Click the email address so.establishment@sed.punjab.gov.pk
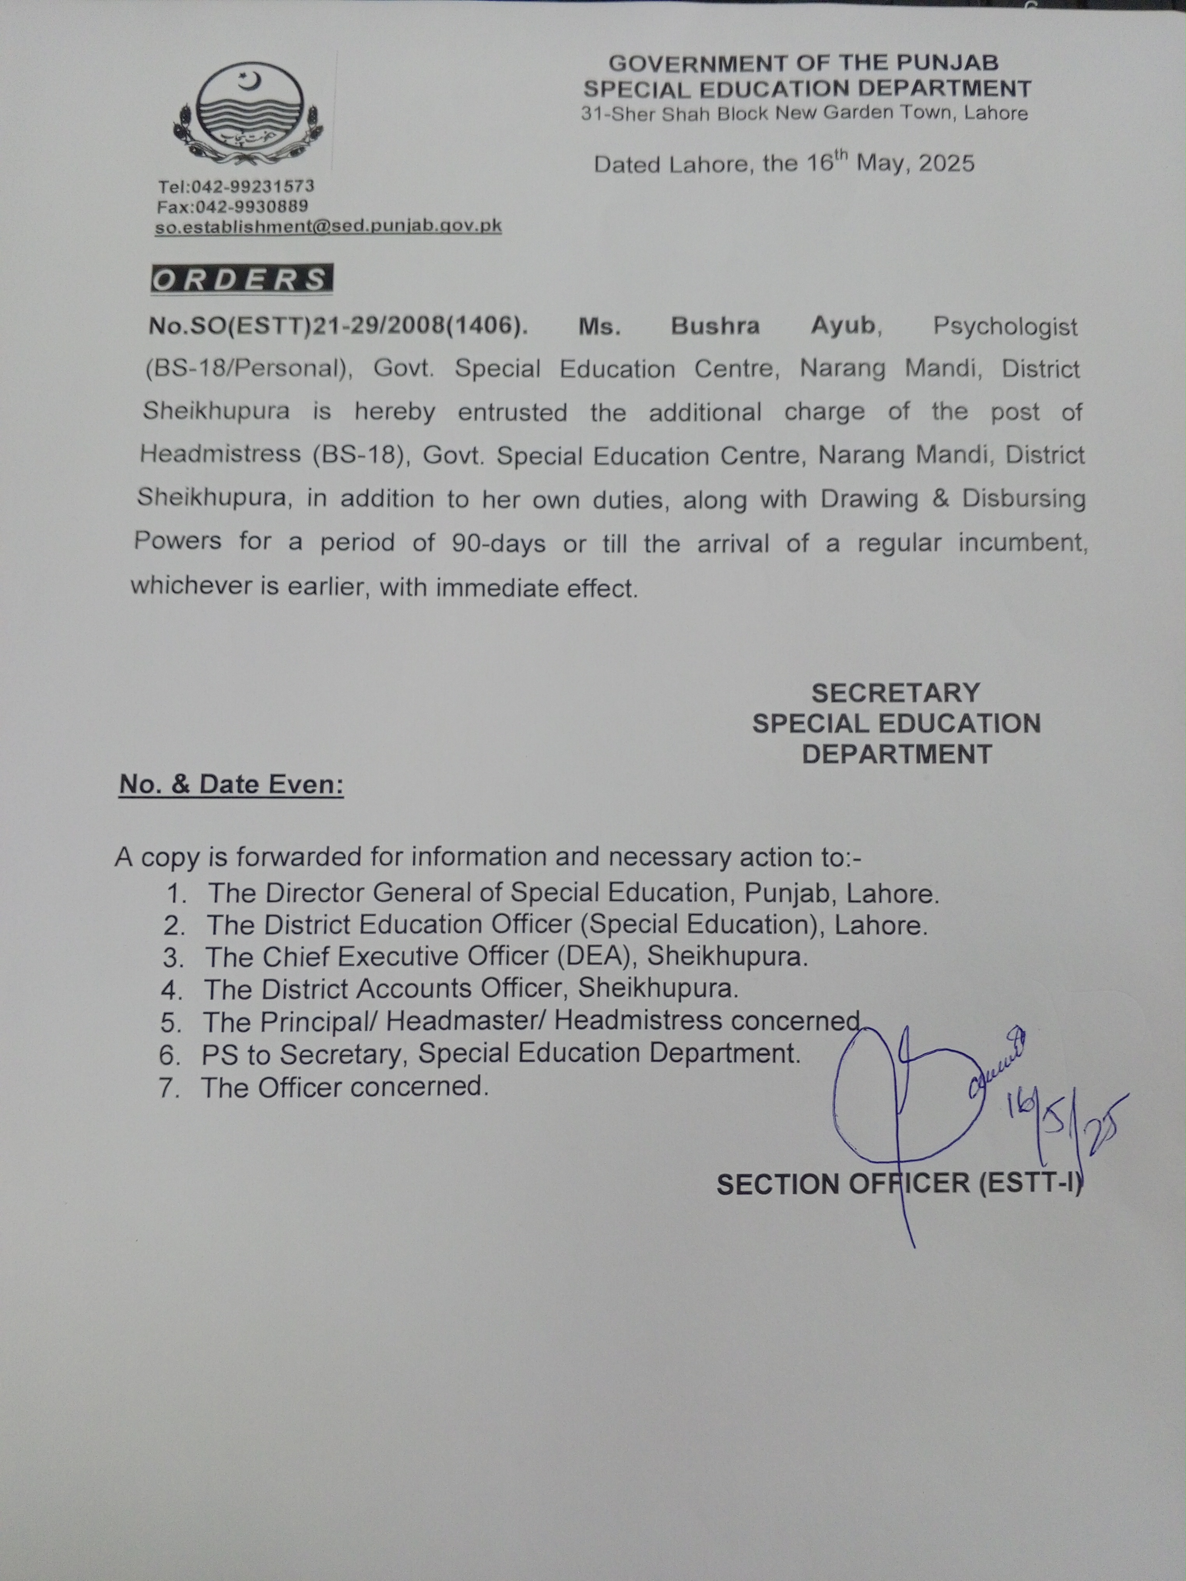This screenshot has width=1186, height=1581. [329, 226]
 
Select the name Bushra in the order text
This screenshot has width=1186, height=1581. [715, 326]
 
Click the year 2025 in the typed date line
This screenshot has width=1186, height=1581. [947, 164]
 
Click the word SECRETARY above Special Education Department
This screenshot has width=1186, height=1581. [896, 692]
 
